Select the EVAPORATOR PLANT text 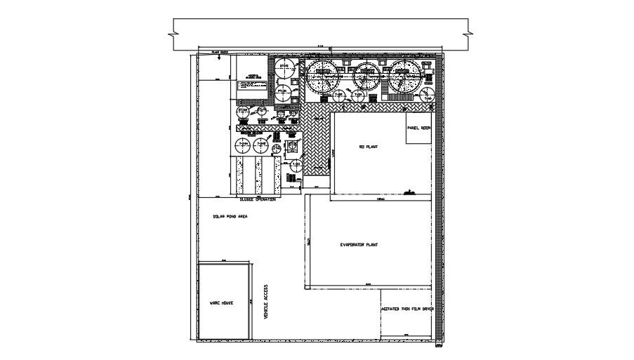pos(359,245)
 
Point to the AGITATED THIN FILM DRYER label pos(407,309)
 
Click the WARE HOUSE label pos(221,302)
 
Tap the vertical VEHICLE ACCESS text pos(265,302)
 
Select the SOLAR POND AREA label pos(230,217)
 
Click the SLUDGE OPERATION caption pos(257,199)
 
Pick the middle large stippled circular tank pos(364,75)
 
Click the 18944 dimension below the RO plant pos(381,199)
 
